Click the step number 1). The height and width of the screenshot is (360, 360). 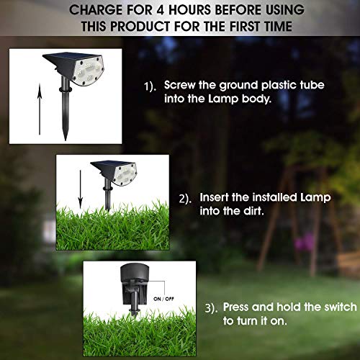(x=150, y=85)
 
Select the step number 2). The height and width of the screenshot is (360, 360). (x=185, y=197)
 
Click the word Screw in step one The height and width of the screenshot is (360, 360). (x=179, y=84)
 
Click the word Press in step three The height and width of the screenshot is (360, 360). (x=238, y=306)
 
